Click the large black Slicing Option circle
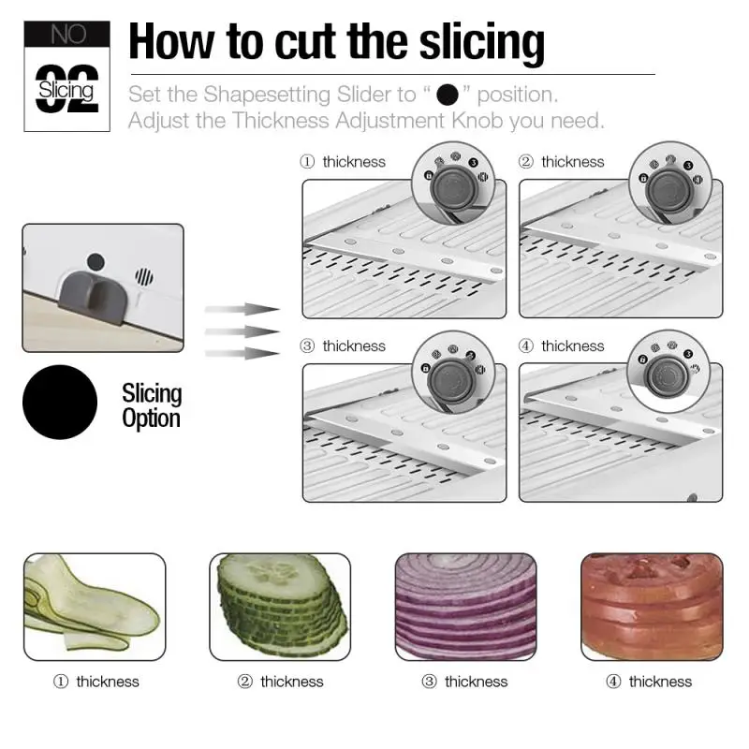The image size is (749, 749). pyautogui.click(x=59, y=404)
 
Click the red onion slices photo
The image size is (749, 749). pyautogui.click(x=465, y=606)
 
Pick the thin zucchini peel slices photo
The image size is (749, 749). pyautogui.click(x=94, y=606)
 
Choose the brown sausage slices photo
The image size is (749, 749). pyautogui.click(x=652, y=606)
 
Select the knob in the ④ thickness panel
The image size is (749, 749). pyautogui.click(x=667, y=374)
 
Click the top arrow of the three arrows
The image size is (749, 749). pyautogui.click(x=242, y=308)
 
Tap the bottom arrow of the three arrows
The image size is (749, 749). pyautogui.click(x=242, y=352)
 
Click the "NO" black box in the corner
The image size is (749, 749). pyautogui.click(x=67, y=35)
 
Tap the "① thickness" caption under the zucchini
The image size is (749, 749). pyautogui.click(x=96, y=682)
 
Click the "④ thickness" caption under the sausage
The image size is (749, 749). pyautogui.click(x=650, y=682)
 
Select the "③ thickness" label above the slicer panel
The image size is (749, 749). pyautogui.click(x=343, y=346)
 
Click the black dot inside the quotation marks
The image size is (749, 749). pyautogui.click(x=448, y=95)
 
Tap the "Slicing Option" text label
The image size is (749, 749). pyautogui.click(x=152, y=404)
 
